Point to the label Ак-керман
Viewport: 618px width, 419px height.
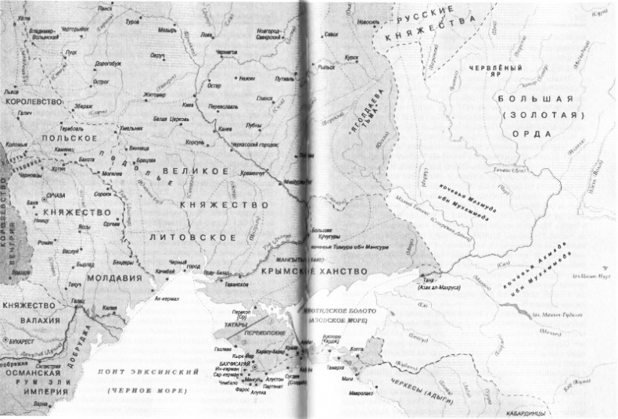coord(167,299)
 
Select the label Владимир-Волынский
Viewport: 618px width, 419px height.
coord(45,32)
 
